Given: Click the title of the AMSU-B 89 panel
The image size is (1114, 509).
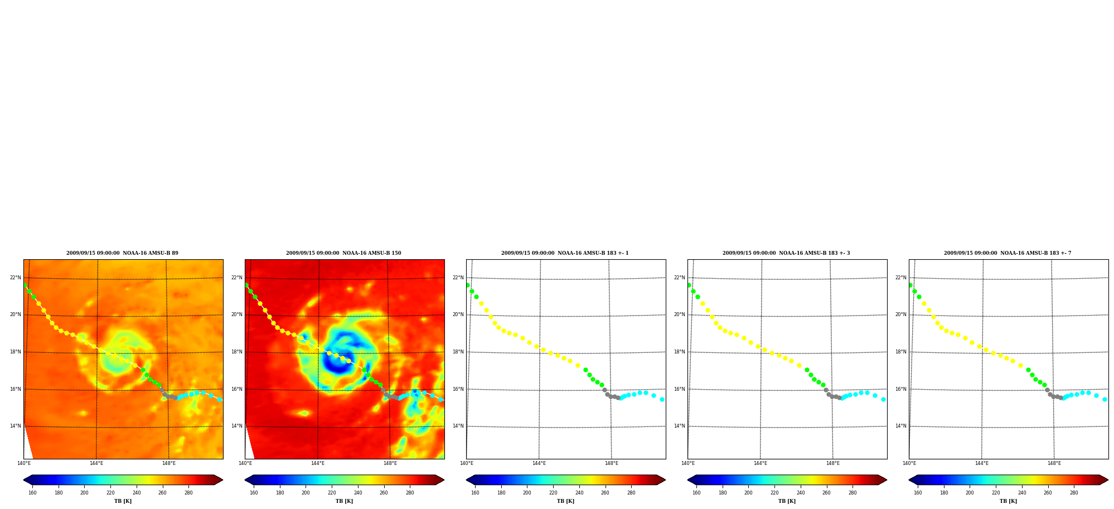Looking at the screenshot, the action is pos(122,253).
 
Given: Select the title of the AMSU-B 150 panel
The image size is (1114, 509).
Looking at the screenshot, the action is pos(343,253).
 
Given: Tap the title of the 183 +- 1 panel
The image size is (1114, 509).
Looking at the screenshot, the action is pos(565,253).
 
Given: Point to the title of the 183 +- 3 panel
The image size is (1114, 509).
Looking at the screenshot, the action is pos(786,253).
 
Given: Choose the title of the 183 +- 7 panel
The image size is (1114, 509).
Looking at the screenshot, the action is pos(1008,253).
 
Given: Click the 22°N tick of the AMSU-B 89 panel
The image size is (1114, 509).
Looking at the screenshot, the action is pos(15,278).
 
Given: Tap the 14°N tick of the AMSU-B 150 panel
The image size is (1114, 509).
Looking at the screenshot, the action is pos(236,426).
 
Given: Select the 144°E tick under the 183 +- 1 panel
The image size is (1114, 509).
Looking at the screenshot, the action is pos(539,463).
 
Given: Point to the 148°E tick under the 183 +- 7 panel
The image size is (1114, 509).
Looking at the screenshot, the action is pos(1054,463).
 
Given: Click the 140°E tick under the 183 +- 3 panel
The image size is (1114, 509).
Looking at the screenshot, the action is pos(688,463).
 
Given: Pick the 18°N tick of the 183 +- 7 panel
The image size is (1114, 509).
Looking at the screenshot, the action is pos(900,352).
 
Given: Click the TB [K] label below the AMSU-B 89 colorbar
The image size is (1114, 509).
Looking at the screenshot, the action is pos(123,501).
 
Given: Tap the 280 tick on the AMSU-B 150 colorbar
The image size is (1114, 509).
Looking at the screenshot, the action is pos(410,493).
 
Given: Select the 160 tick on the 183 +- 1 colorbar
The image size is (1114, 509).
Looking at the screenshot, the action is pos(475,493).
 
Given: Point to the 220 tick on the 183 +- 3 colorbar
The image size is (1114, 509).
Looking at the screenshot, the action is pos(774,493).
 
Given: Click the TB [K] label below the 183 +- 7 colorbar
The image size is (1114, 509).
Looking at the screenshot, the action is pos(1008,501).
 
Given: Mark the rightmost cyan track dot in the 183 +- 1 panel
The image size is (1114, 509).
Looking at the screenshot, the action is pos(662,399).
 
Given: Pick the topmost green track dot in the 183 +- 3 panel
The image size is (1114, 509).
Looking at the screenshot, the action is pos(689,285).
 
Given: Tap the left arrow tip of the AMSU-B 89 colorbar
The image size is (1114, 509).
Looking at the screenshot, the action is pos(23,480).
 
